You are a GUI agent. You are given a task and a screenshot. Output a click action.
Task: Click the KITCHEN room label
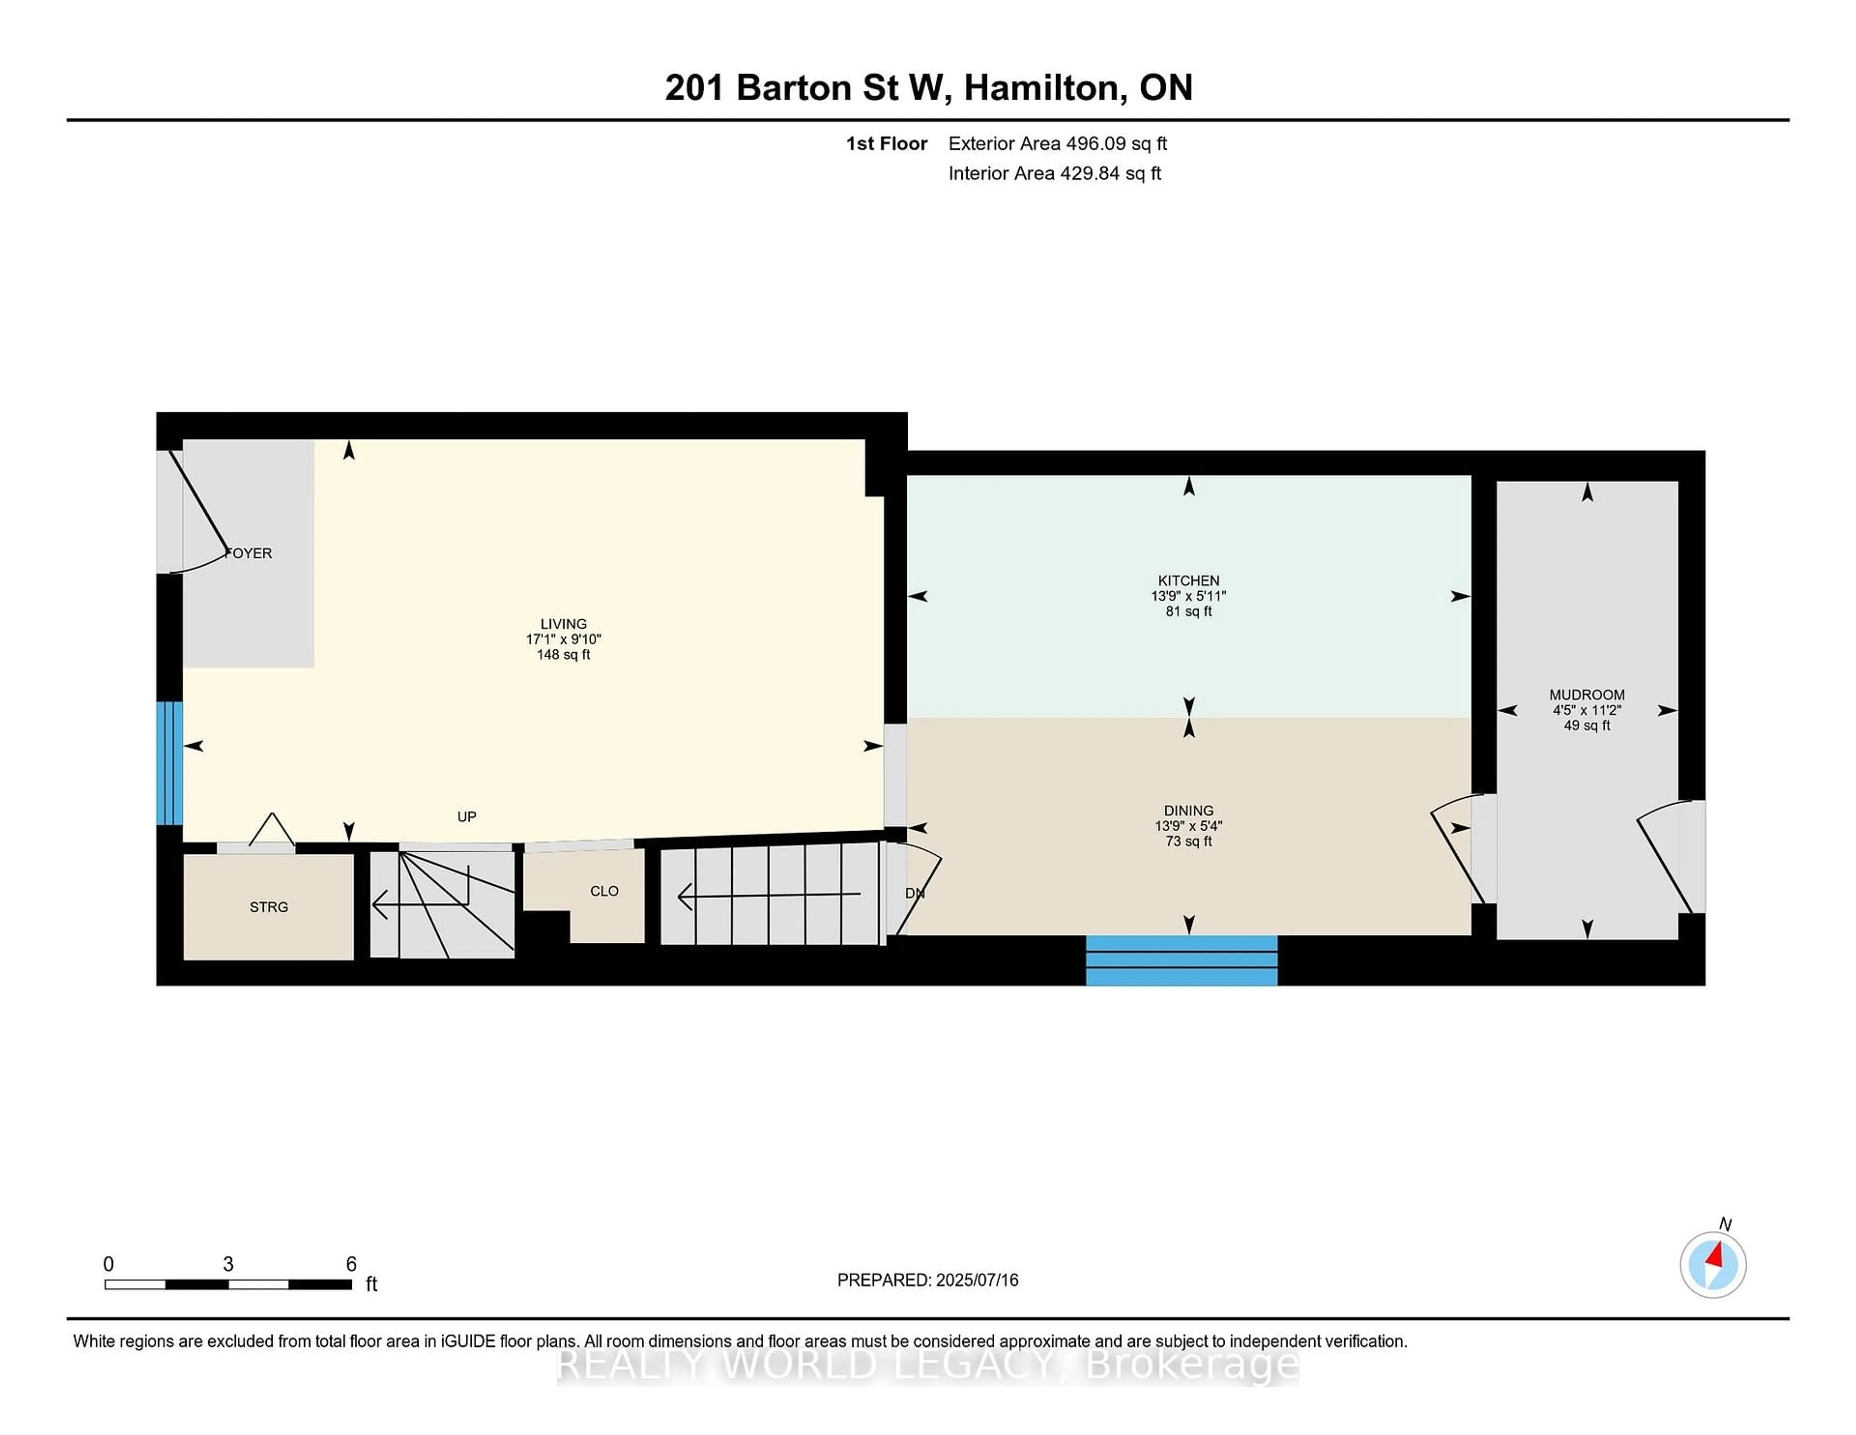(x=1188, y=581)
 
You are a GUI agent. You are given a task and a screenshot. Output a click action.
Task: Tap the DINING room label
(x=1188, y=810)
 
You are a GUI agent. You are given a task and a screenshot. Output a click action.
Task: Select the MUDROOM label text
(x=1586, y=695)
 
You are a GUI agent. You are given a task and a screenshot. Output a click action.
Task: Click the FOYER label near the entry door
(x=249, y=554)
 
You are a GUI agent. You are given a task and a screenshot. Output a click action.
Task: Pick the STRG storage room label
(x=269, y=907)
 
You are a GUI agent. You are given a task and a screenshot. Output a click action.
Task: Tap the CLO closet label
(x=604, y=891)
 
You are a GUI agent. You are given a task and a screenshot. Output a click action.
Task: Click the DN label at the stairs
(x=914, y=893)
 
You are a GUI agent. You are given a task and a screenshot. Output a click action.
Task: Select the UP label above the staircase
(x=466, y=817)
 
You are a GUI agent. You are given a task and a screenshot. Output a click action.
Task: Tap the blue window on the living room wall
(x=169, y=762)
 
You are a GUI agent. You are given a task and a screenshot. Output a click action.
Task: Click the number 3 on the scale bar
(x=228, y=1264)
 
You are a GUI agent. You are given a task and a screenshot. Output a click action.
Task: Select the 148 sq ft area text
(x=563, y=655)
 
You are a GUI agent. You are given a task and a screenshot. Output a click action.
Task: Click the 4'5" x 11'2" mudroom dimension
(x=1586, y=710)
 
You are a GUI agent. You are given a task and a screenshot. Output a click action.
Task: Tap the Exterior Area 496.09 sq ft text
(x=1057, y=144)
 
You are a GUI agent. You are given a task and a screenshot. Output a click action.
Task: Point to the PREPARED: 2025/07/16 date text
(x=927, y=1280)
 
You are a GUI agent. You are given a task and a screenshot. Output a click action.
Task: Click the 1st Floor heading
(x=885, y=144)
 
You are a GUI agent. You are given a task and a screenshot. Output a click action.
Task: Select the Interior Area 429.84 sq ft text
(x=1054, y=174)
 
